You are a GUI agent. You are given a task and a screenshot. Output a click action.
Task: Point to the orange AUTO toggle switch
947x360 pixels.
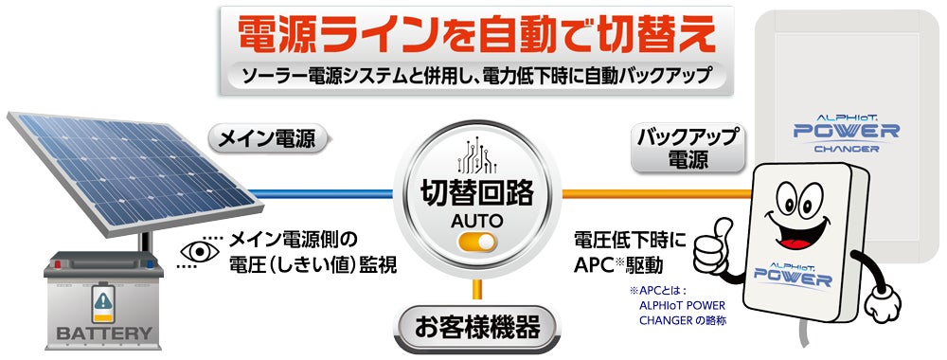(x=477, y=243)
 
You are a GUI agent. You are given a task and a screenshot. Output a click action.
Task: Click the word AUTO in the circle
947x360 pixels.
(x=477, y=220)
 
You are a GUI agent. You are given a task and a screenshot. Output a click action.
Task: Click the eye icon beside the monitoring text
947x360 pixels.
(x=200, y=252)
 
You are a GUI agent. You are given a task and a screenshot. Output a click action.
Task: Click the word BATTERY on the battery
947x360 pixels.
(x=104, y=333)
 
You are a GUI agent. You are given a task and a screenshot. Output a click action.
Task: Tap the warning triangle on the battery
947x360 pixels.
(x=104, y=298)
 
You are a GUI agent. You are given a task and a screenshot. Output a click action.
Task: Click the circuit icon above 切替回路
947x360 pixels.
(x=477, y=155)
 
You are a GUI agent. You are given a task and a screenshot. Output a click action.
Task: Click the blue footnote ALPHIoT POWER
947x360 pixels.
(x=682, y=305)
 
